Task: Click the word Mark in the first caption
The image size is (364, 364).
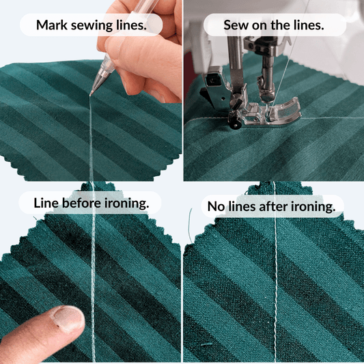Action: pyautogui.click(x=51, y=25)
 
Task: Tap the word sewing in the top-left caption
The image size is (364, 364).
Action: pyautogui.click(x=92, y=25)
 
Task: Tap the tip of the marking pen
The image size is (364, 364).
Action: pyautogui.click(x=90, y=94)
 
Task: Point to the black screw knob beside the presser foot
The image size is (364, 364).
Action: pyautogui.click(x=234, y=122)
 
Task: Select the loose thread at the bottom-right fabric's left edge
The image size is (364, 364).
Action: pyautogui.click(x=191, y=225)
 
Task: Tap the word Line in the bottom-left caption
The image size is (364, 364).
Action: pyautogui.click(x=46, y=203)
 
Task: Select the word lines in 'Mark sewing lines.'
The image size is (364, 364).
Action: pyautogui.click(x=131, y=25)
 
